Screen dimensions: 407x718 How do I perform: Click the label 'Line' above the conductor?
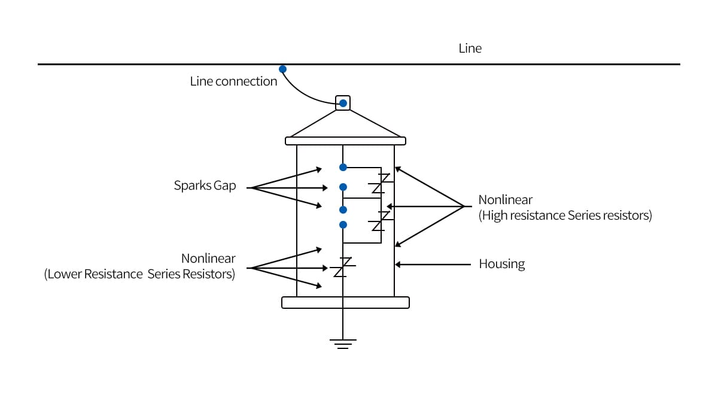470,48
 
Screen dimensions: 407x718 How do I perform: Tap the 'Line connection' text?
233,81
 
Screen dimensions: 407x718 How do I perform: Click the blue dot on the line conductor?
282,69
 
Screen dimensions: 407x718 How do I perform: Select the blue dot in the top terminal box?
343,104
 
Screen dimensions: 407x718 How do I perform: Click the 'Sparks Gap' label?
205,186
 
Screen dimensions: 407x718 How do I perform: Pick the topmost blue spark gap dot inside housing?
343,167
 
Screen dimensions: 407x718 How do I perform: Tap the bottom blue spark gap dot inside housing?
343,225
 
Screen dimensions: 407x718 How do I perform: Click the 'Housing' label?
501,264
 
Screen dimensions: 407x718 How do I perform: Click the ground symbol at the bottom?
343,343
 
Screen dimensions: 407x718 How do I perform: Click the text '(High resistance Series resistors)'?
565,215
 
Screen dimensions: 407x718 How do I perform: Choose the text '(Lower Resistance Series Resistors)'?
139,275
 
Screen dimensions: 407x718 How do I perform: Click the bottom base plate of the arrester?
345,302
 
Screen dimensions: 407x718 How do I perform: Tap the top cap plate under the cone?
345,141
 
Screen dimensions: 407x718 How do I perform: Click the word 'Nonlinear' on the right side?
505,200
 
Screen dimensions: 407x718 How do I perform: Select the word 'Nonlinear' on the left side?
208,259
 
